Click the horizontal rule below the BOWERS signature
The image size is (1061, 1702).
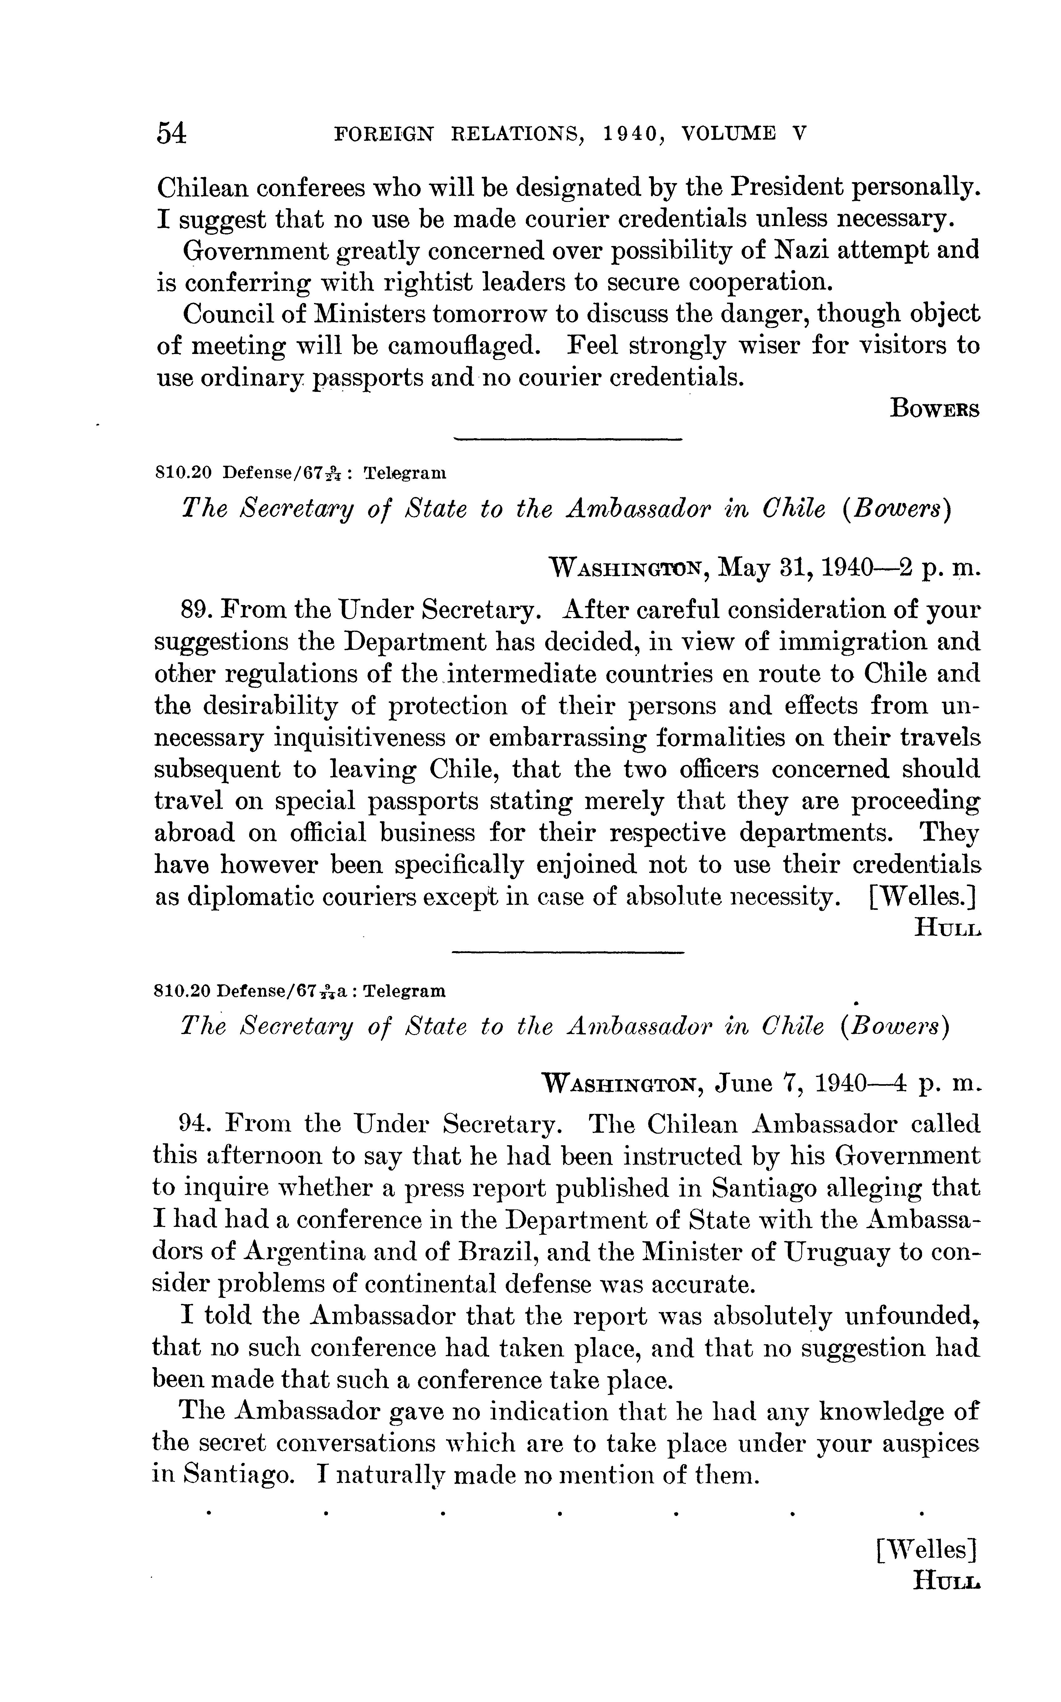(x=568, y=440)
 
